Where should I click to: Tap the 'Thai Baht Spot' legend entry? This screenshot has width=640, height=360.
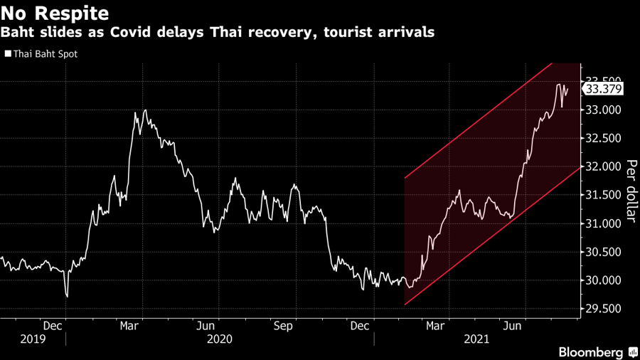pyautogui.click(x=46, y=53)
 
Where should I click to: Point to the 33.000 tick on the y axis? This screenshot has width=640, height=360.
pyautogui.click(x=604, y=110)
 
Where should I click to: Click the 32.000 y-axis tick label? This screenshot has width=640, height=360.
pyautogui.click(x=604, y=166)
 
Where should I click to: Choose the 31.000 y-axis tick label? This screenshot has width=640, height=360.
pyautogui.click(x=604, y=223)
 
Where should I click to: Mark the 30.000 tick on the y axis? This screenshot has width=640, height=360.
pyautogui.click(x=604, y=280)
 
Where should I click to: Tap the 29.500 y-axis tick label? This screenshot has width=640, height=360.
pyautogui.click(x=604, y=309)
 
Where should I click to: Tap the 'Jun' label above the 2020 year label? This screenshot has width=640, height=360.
pyautogui.click(x=206, y=326)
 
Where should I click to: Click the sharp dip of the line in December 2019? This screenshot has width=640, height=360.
pyautogui.click(x=66, y=295)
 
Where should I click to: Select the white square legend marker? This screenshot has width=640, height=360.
pyautogui.click(x=7, y=53)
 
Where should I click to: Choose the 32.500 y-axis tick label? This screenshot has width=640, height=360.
pyautogui.click(x=604, y=138)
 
